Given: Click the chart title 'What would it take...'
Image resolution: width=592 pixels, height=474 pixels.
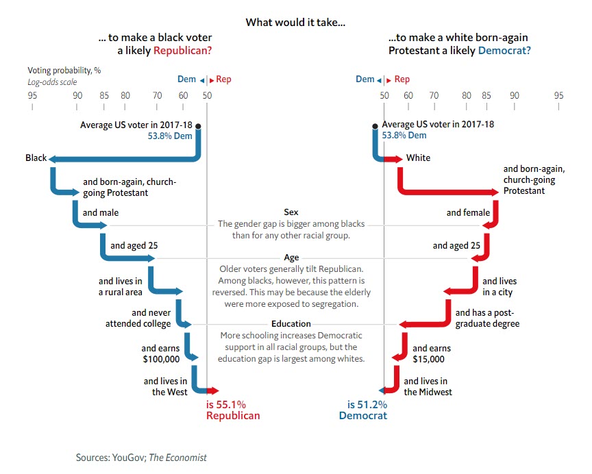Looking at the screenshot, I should tap(295, 23).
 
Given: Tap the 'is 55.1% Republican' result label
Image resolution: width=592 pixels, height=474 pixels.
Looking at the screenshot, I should tap(233, 410).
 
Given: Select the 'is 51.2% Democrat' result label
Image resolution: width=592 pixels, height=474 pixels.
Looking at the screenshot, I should tap(362, 410).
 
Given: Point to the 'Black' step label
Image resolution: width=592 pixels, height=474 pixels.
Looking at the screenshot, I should tap(36, 158).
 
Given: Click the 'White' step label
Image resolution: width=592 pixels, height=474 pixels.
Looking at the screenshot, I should tap(418, 158).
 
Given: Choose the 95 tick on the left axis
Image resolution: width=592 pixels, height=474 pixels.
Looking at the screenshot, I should tap(32, 95).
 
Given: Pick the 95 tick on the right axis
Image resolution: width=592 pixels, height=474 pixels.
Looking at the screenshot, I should tap(558, 95).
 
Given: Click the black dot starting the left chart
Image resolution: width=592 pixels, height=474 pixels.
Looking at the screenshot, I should tap(199, 126).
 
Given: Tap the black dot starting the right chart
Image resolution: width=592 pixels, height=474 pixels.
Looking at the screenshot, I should tap(375, 126).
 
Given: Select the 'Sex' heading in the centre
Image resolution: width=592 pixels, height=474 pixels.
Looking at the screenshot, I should tap(291, 213).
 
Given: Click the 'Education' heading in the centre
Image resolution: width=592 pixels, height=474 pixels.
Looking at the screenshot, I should tap(291, 324).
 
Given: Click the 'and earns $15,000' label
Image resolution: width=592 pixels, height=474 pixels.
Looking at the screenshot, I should tap(431, 353).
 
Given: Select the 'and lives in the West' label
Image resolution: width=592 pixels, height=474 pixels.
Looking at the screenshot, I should tap(165, 386).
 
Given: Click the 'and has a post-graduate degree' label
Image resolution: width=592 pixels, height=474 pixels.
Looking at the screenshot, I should tap(487, 319).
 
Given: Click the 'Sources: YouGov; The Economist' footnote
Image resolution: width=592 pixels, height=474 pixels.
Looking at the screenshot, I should tap(141, 457).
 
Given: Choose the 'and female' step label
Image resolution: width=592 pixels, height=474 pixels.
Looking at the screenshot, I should tap(468, 213).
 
